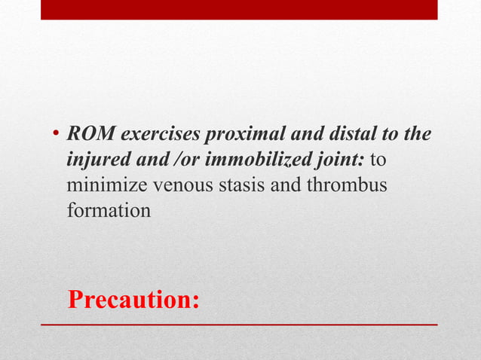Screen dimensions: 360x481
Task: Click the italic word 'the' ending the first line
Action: [417, 136]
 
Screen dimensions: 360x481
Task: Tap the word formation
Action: [109, 211]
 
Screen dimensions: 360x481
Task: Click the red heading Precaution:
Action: [133, 299]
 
